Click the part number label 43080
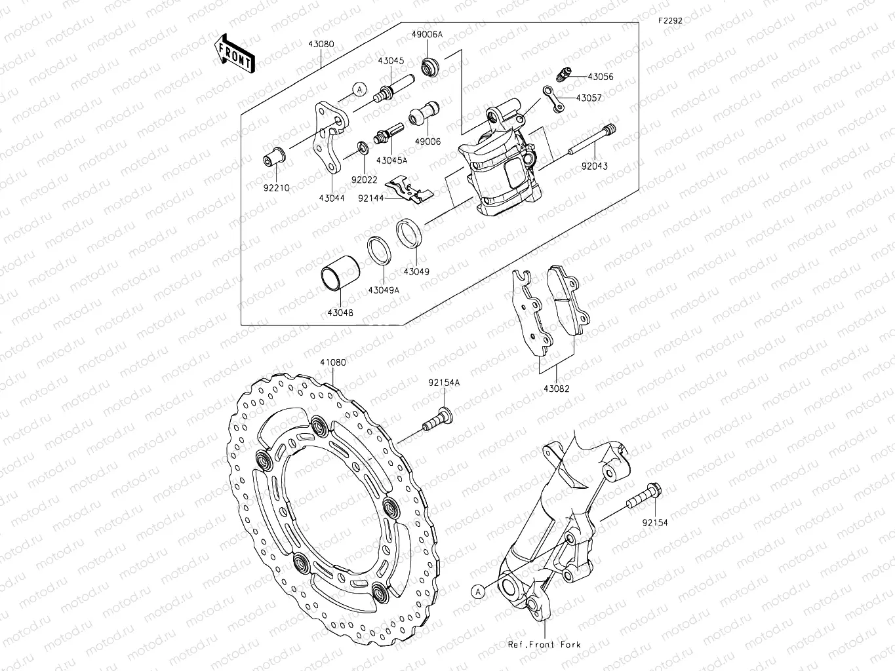coord(320,45)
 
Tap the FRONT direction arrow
coord(234,52)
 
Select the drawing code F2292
coord(670,20)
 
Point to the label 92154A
coord(445,382)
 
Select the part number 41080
coord(333,362)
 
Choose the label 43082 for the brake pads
coord(556,388)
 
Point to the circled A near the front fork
coord(479,591)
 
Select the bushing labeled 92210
coord(273,158)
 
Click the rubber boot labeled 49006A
coord(430,66)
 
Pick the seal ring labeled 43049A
coord(379,250)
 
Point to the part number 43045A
coord(392,160)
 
